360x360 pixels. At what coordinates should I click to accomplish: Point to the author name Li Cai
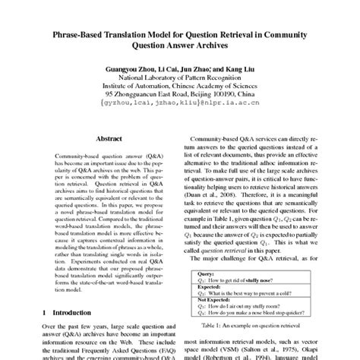[x=167, y=68]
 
